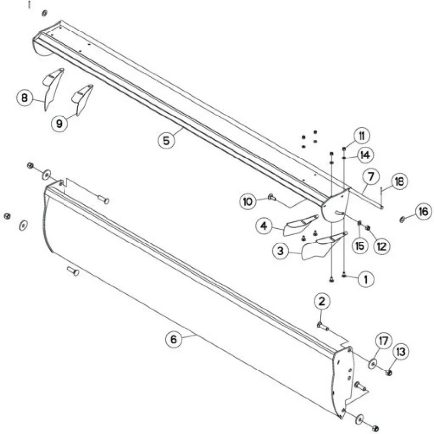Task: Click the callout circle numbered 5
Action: (166, 140)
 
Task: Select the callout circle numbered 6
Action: (174, 339)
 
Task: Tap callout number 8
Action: (25, 98)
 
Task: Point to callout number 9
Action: (60, 123)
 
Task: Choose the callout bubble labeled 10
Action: (248, 201)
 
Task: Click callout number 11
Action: (362, 136)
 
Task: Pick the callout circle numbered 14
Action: (365, 155)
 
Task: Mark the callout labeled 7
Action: (371, 176)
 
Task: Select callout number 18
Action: (399, 182)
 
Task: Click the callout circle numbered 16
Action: (424, 212)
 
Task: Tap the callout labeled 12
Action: (381, 246)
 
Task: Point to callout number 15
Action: (360, 246)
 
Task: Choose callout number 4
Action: (264, 226)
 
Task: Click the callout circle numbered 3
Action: (281, 251)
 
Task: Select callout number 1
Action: (366, 279)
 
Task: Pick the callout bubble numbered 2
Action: (322, 302)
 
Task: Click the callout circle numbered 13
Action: (401, 352)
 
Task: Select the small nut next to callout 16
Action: (402, 220)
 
